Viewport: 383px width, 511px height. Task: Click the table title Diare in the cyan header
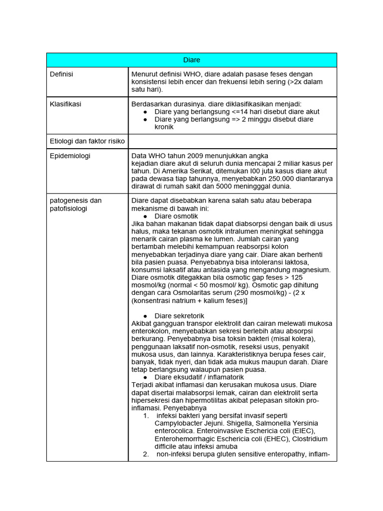click(191, 60)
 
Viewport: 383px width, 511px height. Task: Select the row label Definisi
click(61, 74)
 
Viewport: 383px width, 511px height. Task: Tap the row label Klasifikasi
click(65, 104)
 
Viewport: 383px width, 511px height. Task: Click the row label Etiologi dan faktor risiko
click(87, 141)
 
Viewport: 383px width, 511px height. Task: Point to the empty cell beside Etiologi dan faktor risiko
click(232, 141)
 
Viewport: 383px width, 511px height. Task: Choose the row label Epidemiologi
click(70, 156)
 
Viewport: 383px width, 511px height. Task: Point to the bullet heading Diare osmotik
click(176, 216)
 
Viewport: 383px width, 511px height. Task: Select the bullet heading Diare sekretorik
click(179, 316)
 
